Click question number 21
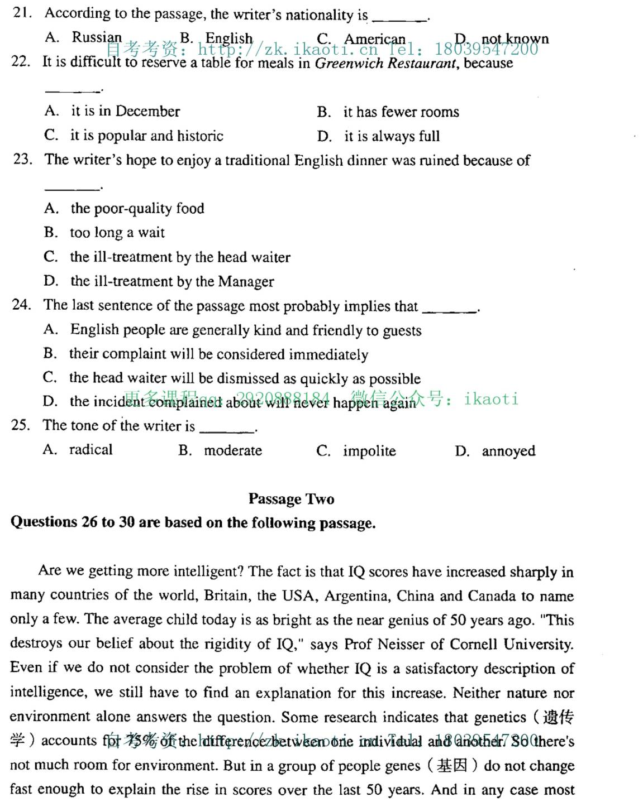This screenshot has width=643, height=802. (x=22, y=13)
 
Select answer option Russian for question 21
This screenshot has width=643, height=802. (x=96, y=37)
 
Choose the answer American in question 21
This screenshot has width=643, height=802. (x=374, y=39)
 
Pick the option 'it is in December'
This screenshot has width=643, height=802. (x=125, y=111)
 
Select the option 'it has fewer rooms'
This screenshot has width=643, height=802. (x=401, y=112)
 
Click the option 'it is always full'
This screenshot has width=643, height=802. (x=392, y=136)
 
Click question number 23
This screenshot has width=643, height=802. (x=22, y=160)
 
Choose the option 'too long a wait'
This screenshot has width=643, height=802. (x=117, y=233)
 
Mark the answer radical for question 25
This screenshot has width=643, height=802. (x=91, y=450)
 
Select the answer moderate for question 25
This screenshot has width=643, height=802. (x=232, y=450)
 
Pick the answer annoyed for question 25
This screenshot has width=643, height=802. (x=508, y=451)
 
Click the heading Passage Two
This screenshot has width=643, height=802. (x=291, y=499)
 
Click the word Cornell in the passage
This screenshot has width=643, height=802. (x=474, y=645)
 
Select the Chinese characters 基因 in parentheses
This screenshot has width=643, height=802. (x=452, y=765)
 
